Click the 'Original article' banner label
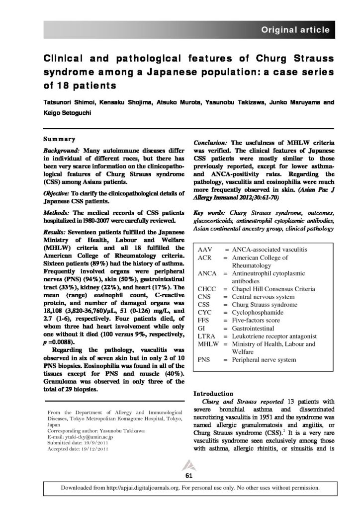(x=295, y=30)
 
